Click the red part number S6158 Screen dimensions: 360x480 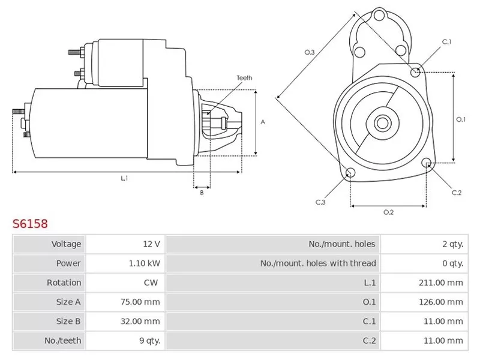(30, 224)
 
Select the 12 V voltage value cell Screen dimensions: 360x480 (151, 244)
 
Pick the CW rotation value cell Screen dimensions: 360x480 (151, 283)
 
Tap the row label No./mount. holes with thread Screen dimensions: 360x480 (318, 263)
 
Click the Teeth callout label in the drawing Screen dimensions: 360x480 (244, 78)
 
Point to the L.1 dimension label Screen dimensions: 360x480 (125, 178)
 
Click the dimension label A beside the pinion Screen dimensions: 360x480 (263, 122)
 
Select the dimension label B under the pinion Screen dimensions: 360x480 (202, 193)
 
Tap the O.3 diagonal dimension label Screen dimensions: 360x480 (310, 53)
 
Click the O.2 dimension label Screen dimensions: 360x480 (388, 212)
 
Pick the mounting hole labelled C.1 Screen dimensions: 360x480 (416, 73)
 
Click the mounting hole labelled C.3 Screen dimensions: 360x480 (350, 174)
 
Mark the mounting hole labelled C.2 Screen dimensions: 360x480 (427, 163)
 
